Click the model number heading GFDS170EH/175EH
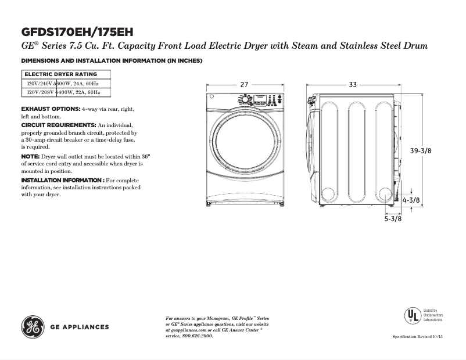(x=81, y=31)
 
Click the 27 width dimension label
(x=244, y=85)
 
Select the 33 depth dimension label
(x=353, y=85)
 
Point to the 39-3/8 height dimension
(x=421, y=151)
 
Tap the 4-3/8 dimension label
(x=411, y=200)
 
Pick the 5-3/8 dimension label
(x=393, y=219)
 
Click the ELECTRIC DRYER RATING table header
(x=60, y=74)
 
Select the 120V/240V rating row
(x=64, y=84)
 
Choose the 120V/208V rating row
(x=64, y=92)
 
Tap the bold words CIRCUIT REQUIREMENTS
(x=58, y=125)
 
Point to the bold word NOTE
(x=30, y=157)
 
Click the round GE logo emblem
(x=32, y=327)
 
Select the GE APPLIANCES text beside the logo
(x=80, y=327)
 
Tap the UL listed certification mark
(x=413, y=315)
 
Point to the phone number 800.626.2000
(x=197, y=336)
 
